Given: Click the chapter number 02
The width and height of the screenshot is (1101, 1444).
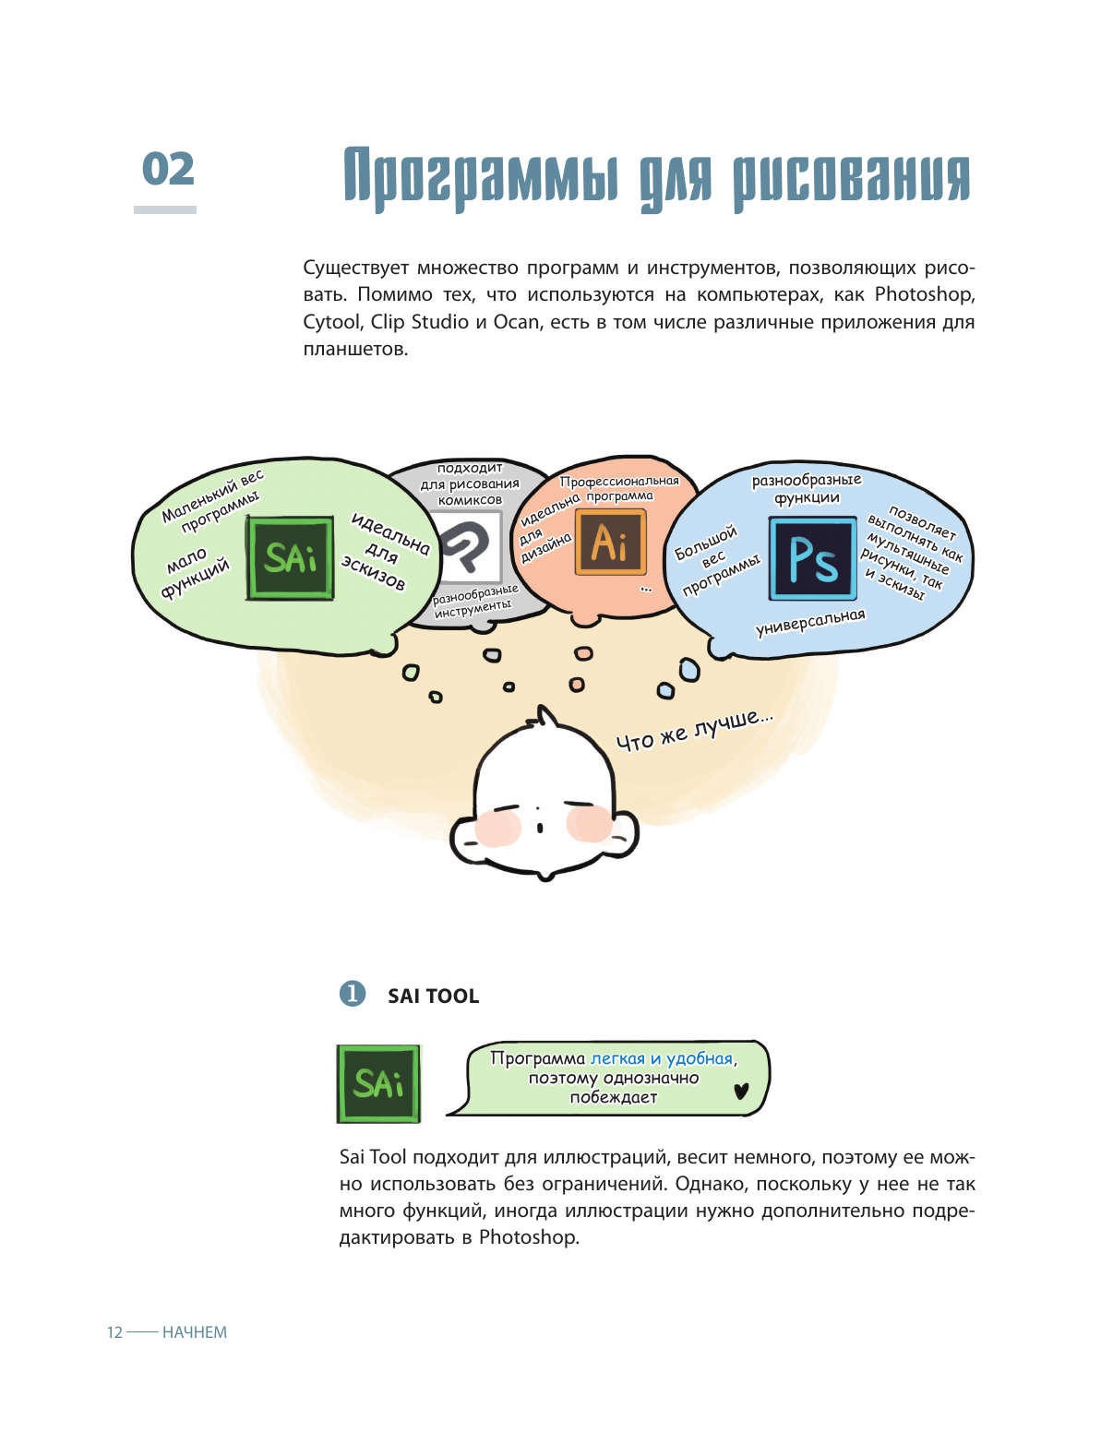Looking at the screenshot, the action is point(168,170).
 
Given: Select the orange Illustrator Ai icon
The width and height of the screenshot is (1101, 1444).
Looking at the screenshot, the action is point(610,543).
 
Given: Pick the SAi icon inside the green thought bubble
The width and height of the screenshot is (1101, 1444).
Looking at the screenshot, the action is point(290,558).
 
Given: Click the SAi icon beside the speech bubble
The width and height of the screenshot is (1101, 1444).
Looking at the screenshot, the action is point(378,1083).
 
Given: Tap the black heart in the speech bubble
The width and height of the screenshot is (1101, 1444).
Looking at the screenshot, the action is point(741,1092).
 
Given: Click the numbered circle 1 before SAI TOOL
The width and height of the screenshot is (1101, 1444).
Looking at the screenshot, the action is point(353,994).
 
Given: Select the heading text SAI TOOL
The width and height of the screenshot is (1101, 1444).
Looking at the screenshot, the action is point(433,996).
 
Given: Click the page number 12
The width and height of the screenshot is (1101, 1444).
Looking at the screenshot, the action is point(114,1332).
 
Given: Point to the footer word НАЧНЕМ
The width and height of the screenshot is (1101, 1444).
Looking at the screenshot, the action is point(195,1332).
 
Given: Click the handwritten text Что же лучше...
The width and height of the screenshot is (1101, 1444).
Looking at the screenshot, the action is point(694,730).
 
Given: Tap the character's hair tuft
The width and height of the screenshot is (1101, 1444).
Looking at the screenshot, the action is point(548,717).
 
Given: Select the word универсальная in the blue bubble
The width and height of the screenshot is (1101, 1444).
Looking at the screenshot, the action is point(810,623).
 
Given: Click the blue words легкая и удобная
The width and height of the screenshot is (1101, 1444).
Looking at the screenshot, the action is point(662,1058).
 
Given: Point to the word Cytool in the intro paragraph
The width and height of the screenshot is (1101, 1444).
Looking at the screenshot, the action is point(332,322).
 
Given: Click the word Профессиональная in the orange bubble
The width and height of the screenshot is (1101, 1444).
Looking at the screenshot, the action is point(619,481).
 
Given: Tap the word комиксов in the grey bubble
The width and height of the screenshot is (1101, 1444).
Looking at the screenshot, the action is point(470,500).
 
